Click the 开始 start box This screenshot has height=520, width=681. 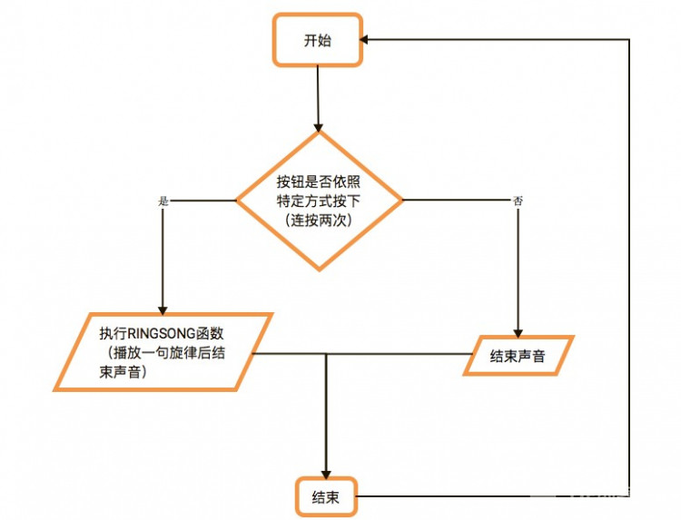[318, 40]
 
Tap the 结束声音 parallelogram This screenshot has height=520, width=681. [518, 356]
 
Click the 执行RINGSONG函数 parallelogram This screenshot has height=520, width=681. [163, 351]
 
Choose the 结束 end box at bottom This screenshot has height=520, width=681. [326, 496]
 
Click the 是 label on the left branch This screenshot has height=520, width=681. [163, 201]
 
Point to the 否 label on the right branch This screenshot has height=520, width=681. [518, 201]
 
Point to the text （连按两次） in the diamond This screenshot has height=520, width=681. [318, 221]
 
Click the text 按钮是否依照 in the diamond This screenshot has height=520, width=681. [318, 181]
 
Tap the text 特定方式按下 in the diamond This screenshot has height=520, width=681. [318, 201]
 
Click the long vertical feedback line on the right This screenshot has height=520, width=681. [628, 272]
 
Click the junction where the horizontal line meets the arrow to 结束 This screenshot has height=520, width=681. [326, 353]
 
